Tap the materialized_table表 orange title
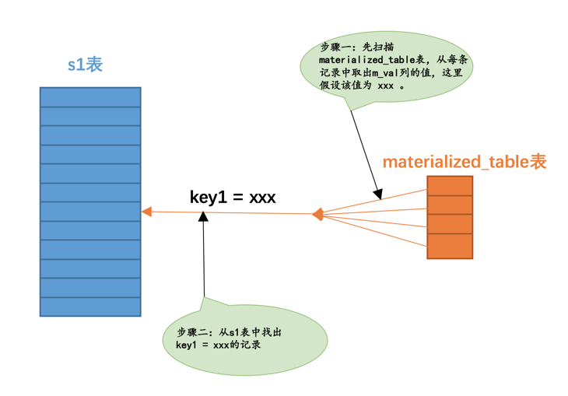tap(465, 162)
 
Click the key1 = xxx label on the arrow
tap(233, 197)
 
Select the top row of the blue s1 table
tap(90, 97)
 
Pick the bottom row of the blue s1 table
tap(90, 307)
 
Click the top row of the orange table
tap(450, 185)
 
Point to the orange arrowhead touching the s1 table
tap(146, 212)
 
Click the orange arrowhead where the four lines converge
tap(317, 214)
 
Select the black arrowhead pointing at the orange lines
tap(378, 193)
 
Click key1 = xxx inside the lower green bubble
tap(205, 345)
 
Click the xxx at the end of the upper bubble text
tap(385, 87)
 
